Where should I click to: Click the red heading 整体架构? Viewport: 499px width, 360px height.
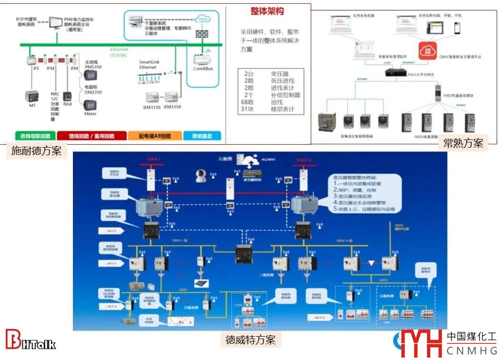point(267,11)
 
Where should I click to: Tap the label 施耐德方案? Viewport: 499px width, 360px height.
point(36,151)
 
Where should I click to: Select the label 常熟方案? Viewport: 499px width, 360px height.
point(463,143)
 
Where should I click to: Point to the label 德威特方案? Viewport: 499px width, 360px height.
point(250,340)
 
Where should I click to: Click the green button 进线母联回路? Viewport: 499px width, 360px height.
point(36,136)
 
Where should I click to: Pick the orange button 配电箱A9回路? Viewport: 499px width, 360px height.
point(155,136)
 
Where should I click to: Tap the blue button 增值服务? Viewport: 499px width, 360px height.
point(203,136)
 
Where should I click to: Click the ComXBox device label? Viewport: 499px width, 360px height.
point(203,69)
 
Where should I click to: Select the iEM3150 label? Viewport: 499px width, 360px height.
point(152,107)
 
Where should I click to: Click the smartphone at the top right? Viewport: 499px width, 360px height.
point(457,27)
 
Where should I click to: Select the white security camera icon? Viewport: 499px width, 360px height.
point(201,177)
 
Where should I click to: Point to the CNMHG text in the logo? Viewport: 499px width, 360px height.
point(471,351)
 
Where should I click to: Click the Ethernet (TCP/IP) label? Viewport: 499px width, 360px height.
point(119,52)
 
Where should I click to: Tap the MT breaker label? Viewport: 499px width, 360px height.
point(32,105)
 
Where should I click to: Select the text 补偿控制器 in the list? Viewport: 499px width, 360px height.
point(285,95)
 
